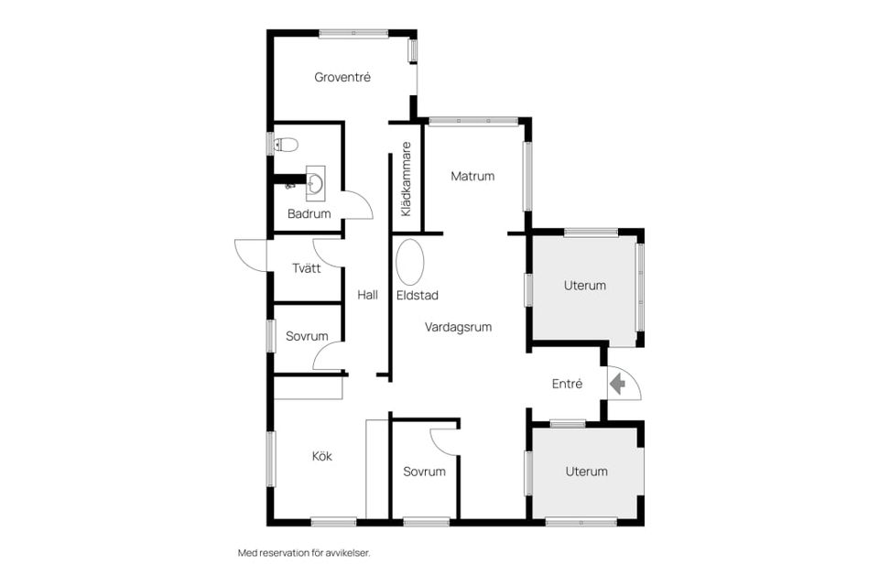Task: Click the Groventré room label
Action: (x=342, y=78)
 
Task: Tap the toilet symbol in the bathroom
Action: (x=286, y=145)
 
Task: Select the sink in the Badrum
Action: (x=315, y=183)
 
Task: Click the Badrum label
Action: (x=309, y=213)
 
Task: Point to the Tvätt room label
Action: (x=307, y=268)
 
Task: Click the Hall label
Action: (x=368, y=295)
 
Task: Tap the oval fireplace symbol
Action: (x=410, y=262)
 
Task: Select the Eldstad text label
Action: (x=418, y=296)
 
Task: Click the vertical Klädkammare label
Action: (x=407, y=179)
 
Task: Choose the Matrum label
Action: (x=472, y=176)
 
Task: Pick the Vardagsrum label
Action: (x=458, y=328)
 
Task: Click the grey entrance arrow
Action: (x=617, y=385)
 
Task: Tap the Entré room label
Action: (x=567, y=385)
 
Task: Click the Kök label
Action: (x=321, y=457)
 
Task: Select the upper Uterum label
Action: (x=585, y=286)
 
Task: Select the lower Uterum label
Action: (x=586, y=472)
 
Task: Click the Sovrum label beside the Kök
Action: (x=424, y=472)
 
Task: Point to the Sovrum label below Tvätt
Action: (x=307, y=336)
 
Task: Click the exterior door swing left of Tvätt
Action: (x=246, y=253)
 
